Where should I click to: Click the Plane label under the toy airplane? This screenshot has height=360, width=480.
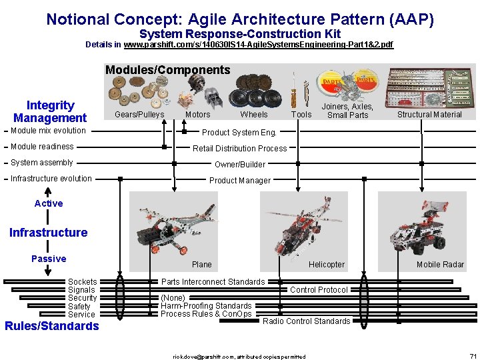[x=201, y=265]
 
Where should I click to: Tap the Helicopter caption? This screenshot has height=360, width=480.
[x=327, y=265]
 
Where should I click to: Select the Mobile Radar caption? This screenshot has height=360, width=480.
[x=440, y=265]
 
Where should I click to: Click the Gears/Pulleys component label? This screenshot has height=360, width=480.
[x=139, y=115]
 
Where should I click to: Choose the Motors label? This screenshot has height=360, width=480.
[x=197, y=115]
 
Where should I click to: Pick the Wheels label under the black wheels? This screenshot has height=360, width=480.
[x=254, y=115]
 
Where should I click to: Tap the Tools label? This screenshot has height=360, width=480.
[x=301, y=115]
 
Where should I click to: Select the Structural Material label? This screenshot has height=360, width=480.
[x=429, y=115]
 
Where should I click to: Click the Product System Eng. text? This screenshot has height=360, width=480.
[x=239, y=132]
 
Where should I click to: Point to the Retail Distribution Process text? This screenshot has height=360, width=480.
[x=240, y=149]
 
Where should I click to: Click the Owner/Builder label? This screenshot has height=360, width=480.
[x=240, y=165]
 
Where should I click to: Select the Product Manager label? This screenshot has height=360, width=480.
[x=240, y=181]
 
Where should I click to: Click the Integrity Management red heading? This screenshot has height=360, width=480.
[x=50, y=111]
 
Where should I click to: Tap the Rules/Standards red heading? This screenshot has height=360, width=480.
[x=51, y=326]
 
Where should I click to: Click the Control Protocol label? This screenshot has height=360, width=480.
[x=319, y=290]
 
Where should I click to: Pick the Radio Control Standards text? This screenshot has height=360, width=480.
[x=306, y=321]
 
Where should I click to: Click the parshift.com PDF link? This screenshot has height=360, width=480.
[x=259, y=45]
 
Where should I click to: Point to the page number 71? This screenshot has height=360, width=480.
[x=473, y=356]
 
